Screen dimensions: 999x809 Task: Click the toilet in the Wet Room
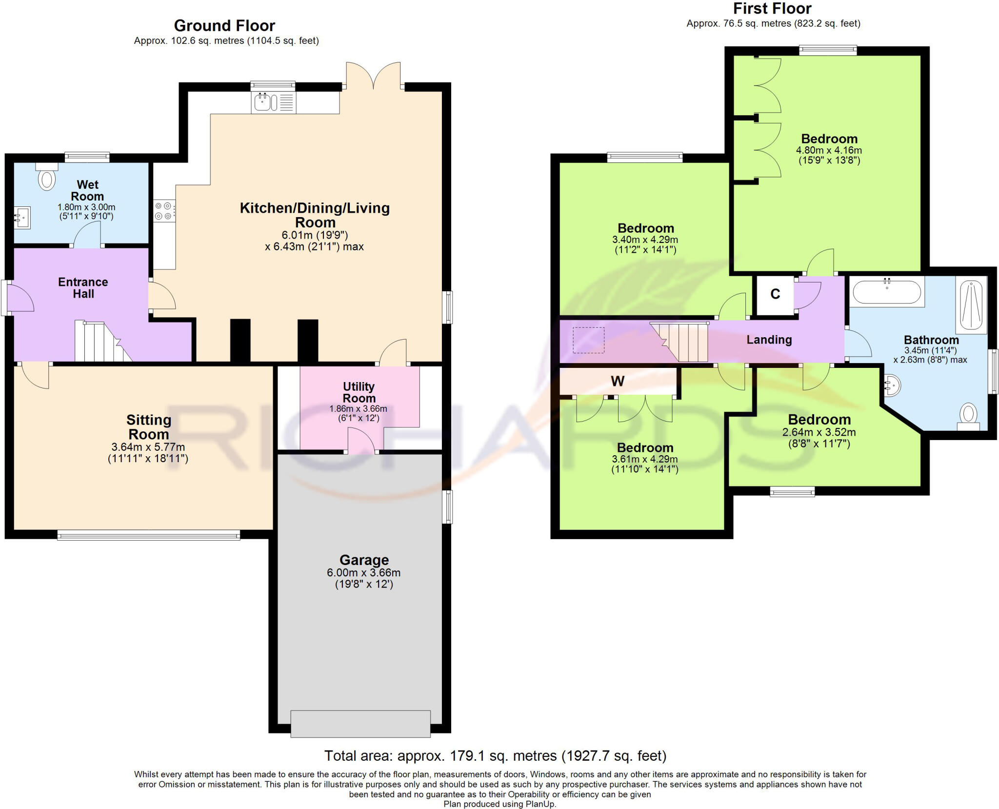tap(47, 177)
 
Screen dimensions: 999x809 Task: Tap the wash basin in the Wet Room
tap(22, 218)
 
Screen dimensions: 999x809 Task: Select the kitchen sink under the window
tap(273, 102)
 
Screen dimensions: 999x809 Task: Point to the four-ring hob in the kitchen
tap(164, 211)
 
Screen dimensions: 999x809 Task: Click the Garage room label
tap(364, 560)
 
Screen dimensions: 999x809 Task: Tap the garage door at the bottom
tap(360, 724)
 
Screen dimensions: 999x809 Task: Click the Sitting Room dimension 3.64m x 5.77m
tap(148, 446)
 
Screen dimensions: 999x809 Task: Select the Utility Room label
tap(359, 392)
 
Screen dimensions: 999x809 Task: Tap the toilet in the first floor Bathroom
tap(968, 417)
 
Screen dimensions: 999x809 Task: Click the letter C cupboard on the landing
tap(775, 294)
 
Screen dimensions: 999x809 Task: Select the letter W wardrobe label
tap(618, 381)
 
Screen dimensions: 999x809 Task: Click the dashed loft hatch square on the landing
tap(589, 340)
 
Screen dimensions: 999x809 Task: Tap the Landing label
tap(769, 340)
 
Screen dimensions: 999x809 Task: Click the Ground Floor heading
tap(224, 25)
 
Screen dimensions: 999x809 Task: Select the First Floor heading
tap(772, 8)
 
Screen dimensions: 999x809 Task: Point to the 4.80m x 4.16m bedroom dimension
tap(829, 150)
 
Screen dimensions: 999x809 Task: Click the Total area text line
tap(495, 756)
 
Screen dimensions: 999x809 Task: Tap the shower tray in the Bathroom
tap(971, 305)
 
